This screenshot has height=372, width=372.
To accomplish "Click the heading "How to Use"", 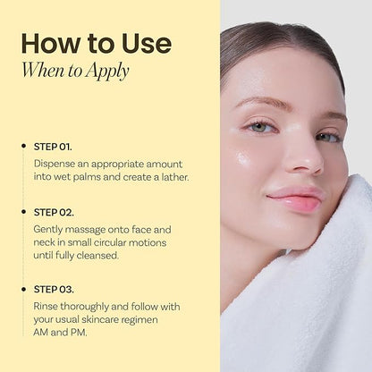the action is tap(97, 44).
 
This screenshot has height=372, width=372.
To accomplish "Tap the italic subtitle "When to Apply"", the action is tap(75, 71).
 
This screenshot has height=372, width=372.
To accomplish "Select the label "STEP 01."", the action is tap(53, 147).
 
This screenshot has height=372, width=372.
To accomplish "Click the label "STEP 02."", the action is tap(54, 213).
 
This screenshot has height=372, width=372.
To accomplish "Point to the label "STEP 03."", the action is tap(54, 290).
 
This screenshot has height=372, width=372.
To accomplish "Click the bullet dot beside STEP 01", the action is tap(24, 146).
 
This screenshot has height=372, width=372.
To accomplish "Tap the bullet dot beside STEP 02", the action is tap(24, 212).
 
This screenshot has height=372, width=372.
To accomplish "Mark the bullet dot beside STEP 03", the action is tap(24, 289).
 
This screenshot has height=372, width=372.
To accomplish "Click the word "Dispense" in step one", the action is tap(55, 165).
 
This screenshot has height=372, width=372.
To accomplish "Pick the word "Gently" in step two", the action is tap(48, 230).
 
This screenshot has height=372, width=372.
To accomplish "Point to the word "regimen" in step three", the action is tap(141, 320).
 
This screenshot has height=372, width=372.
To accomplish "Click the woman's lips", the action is tap(296, 199).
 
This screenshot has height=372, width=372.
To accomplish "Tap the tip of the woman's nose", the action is tap(310, 164).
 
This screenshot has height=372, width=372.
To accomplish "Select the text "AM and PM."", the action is tap(60, 333).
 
